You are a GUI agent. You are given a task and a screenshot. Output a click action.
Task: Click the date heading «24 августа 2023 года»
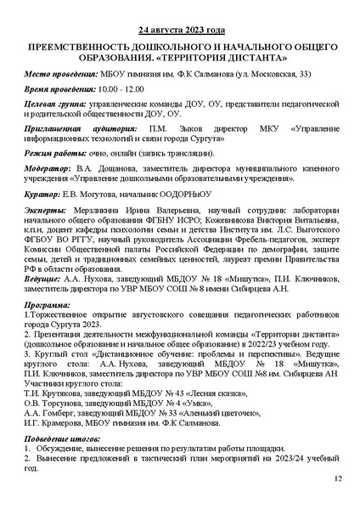click(x=179, y=28)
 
